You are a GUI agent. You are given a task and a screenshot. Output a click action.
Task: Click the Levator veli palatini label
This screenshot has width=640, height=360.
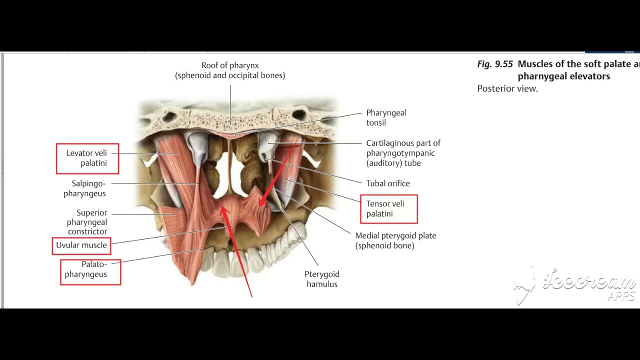pos(87,158)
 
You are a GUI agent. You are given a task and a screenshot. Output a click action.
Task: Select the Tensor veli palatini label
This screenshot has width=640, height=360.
pos(388,208)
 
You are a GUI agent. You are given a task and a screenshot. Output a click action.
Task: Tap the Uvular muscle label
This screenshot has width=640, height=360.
pos(81,245)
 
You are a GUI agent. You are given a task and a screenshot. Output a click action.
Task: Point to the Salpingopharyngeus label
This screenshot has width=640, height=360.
pos(85,188)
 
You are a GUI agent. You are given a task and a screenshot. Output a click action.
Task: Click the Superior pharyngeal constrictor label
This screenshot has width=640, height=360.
pos(87,222)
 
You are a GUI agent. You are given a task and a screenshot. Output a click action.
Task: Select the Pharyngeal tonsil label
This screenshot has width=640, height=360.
pos(386,117)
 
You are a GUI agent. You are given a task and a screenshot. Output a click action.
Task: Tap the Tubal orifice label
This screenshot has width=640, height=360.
pos(388,183)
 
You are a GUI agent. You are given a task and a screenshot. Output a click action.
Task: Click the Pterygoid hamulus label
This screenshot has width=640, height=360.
pos(322,279)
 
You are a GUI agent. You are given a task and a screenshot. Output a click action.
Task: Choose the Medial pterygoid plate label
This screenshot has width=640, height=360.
pos(395,240)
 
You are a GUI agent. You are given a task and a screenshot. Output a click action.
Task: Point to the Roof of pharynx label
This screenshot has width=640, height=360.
pos(230,70)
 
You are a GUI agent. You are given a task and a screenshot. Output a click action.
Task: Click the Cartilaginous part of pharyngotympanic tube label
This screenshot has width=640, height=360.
pos(403,153)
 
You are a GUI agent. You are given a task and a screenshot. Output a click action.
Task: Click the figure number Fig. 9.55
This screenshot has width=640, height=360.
pos(495,64)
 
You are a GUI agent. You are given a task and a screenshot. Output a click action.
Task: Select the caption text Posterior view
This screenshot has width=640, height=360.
pos(507,89)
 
